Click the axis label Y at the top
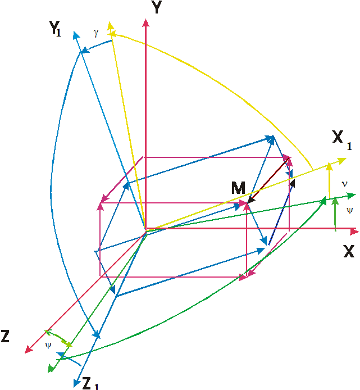tap(156, 7)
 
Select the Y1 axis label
tap(55, 28)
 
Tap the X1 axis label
tap(342, 140)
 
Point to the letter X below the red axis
tap(349, 251)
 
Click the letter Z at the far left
tap(5, 336)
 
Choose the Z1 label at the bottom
tap(90, 383)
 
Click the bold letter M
tap(238, 188)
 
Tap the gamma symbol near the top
tap(96, 33)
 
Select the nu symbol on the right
tap(344, 184)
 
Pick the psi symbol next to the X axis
tap(349, 211)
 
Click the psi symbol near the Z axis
tap(48, 346)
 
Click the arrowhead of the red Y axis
tap(145, 22)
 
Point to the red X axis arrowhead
tap(354, 232)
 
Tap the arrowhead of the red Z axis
tap(29, 350)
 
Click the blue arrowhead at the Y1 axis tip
tap(76, 35)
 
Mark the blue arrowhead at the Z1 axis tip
tap(77, 383)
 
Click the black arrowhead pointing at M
tap(252, 199)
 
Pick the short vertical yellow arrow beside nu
tap(330, 180)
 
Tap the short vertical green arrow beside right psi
tap(335, 214)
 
